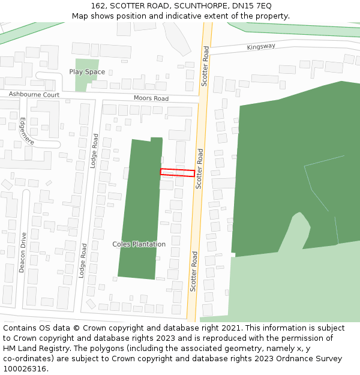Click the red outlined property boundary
pos(177,173)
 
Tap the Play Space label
pos(87,72)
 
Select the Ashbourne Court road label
pos(34,95)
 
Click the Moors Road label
pos(151,98)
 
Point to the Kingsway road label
pos(261,46)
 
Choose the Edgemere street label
pos(26,131)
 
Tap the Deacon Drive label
pos(22,253)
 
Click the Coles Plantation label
pos(139,244)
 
